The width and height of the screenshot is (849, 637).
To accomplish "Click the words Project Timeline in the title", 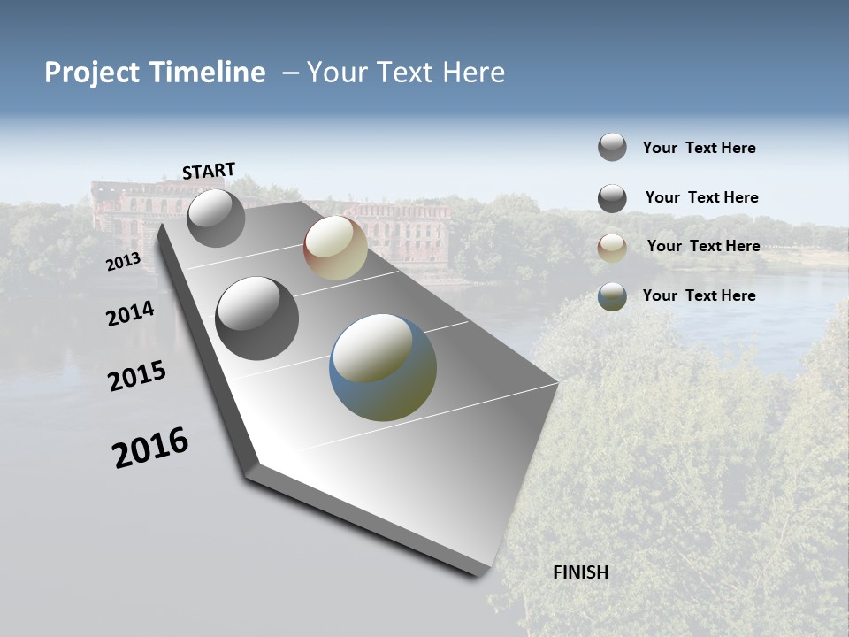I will click(155, 73).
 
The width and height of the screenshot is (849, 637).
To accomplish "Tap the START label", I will click(209, 171).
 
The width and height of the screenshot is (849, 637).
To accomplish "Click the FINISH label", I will click(580, 572).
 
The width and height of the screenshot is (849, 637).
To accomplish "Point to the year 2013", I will click(123, 262).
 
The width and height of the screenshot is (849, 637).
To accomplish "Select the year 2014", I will click(130, 313).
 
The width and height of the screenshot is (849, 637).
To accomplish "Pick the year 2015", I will click(137, 376).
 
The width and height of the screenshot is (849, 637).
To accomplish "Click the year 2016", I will click(150, 447).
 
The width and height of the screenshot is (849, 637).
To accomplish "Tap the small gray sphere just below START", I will click(216, 219).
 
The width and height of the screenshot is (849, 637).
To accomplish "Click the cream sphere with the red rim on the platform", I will click(335, 248).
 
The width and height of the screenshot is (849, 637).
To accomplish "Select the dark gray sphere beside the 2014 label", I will click(257, 318).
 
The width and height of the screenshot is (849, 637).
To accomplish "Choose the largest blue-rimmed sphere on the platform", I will click(383, 367).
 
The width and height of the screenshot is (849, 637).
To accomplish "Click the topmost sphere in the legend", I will click(612, 147).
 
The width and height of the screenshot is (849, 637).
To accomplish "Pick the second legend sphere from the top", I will click(612, 198).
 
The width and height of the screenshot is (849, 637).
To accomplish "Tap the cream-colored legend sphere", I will click(612, 248).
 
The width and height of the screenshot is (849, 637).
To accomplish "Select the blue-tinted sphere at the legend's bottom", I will click(612, 296).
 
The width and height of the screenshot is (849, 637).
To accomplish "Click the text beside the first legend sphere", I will click(699, 148).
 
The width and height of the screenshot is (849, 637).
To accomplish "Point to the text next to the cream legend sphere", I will click(703, 246).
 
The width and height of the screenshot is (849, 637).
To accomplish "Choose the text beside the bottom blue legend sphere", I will click(699, 295).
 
